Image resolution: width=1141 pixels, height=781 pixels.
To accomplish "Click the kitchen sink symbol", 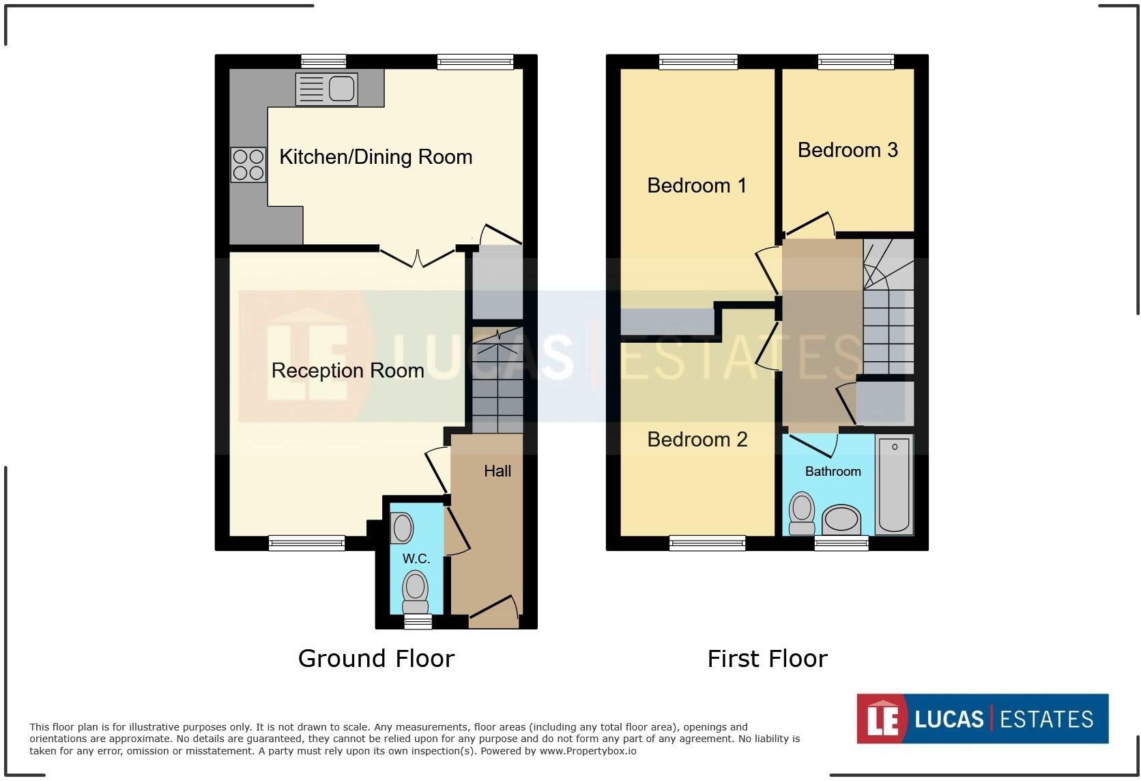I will (326, 89).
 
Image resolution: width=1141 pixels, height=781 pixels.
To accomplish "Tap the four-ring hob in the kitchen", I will (248, 165).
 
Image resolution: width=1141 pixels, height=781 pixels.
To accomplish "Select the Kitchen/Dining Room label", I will (375, 157).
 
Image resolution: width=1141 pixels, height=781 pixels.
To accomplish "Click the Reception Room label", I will (347, 371).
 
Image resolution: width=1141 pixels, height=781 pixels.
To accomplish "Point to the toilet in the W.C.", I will (415, 591).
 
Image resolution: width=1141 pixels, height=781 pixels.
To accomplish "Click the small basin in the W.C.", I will (402, 528).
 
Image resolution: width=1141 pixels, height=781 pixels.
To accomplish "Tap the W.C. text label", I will (416, 558).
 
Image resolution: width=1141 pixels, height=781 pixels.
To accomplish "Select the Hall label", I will (497, 471).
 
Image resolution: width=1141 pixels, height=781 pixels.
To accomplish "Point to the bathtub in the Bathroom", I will (894, 484).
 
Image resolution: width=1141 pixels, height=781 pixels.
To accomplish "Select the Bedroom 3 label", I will (847, 150).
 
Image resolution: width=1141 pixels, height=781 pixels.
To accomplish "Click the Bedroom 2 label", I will (697, 440).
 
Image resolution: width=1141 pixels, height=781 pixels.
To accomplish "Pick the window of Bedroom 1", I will (697, 63).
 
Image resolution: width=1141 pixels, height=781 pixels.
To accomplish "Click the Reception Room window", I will (306, 543).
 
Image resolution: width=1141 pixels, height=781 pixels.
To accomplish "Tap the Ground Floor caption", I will (376, 659).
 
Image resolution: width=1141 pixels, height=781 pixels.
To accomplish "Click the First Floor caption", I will (767, 659).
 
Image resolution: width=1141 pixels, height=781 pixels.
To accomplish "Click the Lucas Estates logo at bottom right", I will (982, 719).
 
